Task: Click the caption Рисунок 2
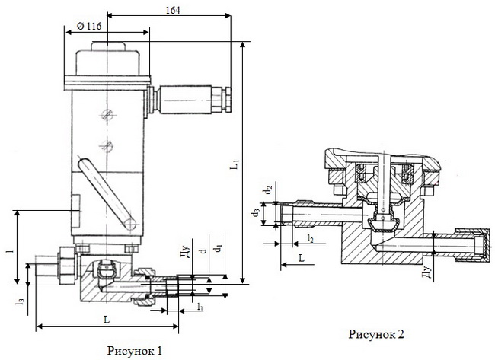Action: pos(375,333)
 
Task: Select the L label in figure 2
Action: pos(302,259)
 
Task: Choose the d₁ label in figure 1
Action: pos(219,249)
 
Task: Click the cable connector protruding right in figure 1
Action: pos(190,98)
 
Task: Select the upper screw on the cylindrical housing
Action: pos(106,115)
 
